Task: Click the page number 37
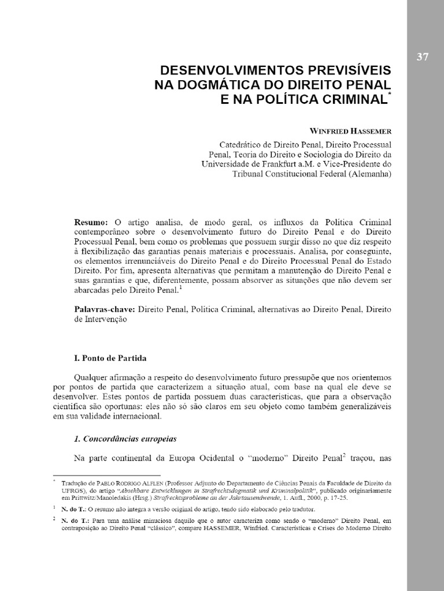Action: [x=422, y=57]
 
